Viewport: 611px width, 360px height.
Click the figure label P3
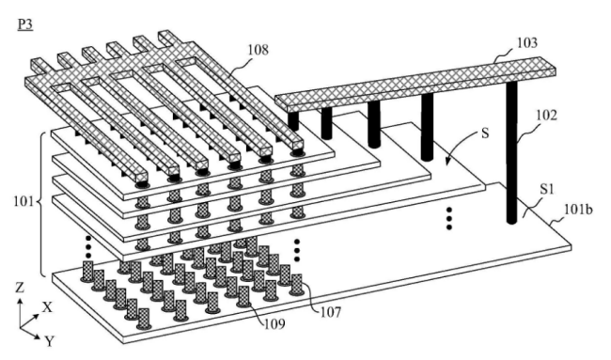(25, 25)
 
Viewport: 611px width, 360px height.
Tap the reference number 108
(258, 50)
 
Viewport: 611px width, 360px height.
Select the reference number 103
(526, 42)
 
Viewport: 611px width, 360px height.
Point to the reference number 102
(547, 116)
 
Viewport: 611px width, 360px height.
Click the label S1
(547, 189)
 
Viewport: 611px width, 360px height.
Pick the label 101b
(578, 210)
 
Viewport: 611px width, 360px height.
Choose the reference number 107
(331, 312)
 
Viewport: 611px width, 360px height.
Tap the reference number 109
(274, 323)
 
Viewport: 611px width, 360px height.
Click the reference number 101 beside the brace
(24, 202)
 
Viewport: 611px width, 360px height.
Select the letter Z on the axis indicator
(20, 288)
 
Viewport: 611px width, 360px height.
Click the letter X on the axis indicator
(47, 307)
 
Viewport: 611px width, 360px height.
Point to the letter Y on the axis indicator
(50, 341)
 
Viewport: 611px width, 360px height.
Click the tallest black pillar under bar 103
(512, 152)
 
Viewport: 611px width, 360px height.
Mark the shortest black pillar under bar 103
(293, 120)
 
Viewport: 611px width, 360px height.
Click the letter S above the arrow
(485, 133)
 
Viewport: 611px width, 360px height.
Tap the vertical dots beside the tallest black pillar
(449, 218)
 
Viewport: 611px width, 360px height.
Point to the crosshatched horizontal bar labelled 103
(415, 83)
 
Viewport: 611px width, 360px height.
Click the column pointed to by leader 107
(297, 284)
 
